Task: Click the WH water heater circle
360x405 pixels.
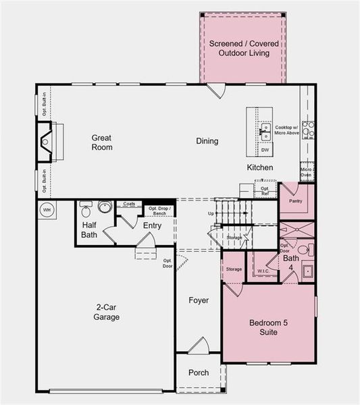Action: pos(47,210)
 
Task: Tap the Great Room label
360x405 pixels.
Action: pos(102,142)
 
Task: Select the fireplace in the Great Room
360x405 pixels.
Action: pos(46,142)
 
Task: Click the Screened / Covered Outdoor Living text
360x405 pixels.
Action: pos(243,49)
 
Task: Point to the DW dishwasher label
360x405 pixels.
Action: pos(265,150)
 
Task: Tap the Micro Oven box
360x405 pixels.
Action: pos(306,173)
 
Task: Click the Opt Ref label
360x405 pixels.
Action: pos(265,192)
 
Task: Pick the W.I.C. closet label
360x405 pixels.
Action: pos(263,271)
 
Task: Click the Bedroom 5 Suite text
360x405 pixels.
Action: pos(268,327)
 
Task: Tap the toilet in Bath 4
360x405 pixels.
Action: pos(303,249)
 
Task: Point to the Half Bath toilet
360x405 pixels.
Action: pos(86,208)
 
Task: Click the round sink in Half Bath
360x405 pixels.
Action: pos(105,207)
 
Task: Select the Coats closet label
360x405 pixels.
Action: pos(129,204)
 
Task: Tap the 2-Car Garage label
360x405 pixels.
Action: pos(107,311)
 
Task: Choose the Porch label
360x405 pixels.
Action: pos(198,373)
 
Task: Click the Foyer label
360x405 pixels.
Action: pos(199,300)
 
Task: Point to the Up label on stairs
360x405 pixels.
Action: pos(211,213)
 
